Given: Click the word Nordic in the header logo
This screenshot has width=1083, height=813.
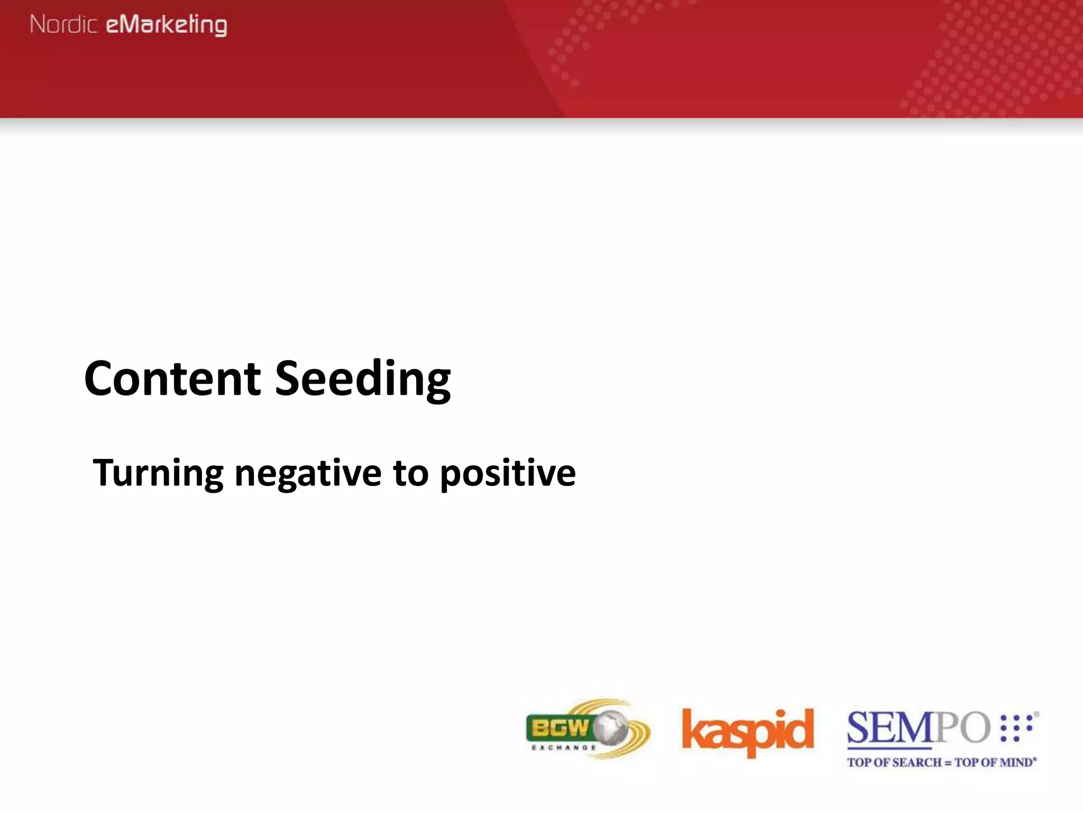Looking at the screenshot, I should (63, 24).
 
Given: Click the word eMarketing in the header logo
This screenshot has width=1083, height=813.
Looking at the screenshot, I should (167, 25).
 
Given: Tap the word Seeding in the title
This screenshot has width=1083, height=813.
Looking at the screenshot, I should (363, 379).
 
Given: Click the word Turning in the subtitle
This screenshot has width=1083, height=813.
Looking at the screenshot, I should (158, 473).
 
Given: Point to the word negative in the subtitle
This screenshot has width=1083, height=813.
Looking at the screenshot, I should (307, 473).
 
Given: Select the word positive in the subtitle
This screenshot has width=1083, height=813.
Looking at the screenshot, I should (508, 473).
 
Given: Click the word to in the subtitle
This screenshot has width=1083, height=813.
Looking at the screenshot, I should (410, 473).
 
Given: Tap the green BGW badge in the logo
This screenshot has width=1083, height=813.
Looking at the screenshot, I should (559, 729).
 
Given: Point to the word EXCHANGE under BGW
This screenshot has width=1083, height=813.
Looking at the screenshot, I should (564, 747).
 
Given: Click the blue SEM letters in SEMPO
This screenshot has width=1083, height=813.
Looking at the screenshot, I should (889, 728).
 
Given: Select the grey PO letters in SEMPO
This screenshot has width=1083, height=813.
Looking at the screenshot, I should (963, 728).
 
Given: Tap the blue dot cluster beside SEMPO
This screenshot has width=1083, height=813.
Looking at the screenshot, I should (1016, 727).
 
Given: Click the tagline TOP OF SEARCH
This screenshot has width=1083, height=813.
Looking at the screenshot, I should (894, 763).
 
